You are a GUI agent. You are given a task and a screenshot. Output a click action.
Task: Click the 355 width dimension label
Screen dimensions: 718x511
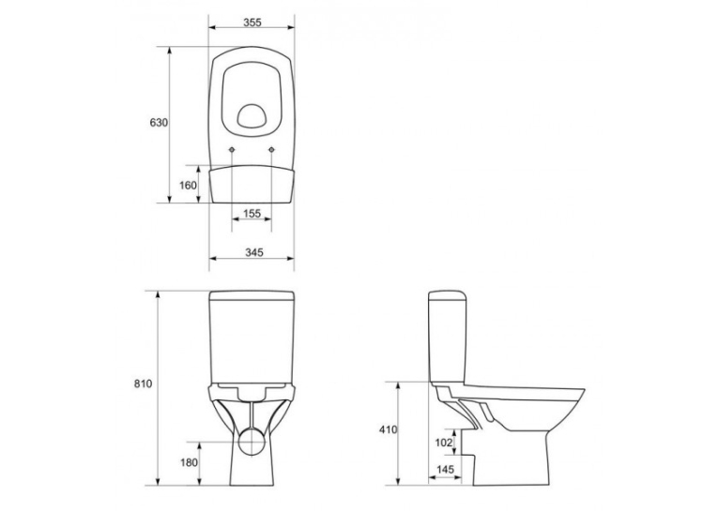252,22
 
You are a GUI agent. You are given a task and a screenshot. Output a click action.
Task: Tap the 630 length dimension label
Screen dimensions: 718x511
159,123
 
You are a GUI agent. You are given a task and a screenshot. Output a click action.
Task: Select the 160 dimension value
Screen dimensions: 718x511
188,186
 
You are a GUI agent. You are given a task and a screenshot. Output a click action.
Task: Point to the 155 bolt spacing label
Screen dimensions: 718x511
252,213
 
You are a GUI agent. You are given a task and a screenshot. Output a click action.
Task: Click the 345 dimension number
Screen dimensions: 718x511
254,252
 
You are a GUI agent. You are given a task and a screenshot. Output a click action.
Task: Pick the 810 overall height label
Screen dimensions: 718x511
143,383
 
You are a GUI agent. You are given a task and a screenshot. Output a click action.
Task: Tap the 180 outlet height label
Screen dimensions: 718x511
189,462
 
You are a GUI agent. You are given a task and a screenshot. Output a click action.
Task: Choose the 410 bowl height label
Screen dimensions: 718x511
389,429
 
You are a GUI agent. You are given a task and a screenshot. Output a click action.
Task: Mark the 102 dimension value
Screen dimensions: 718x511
444,443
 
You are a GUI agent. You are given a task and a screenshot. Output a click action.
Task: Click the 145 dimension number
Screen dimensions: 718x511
445,470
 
